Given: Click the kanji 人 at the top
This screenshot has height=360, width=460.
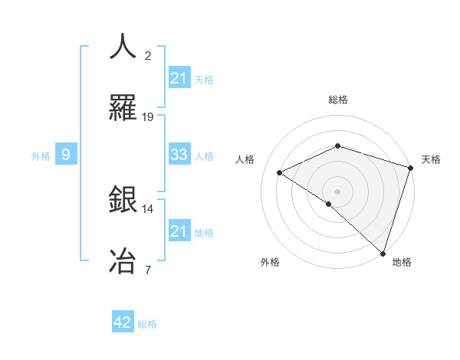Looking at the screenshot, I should coord(123,47).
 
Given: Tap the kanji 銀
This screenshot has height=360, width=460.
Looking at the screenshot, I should coord(123,201).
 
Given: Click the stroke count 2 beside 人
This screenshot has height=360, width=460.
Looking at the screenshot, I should coord(148,56).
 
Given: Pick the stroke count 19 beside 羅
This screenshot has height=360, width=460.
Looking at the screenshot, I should coord(148,117).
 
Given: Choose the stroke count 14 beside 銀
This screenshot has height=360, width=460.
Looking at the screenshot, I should coord(148,208).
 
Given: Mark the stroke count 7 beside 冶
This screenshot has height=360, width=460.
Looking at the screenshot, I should coord(148,269).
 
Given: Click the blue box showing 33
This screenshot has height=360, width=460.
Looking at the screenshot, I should coord(179,155).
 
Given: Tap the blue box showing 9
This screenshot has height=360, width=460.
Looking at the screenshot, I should coord(66,155).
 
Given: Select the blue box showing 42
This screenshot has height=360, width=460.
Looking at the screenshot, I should coord(123,322).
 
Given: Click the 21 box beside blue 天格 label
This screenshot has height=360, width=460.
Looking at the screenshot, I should coord(179,78).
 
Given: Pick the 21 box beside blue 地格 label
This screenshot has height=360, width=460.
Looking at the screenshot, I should coord(179,231).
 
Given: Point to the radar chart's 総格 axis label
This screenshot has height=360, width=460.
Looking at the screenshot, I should coord(337,100).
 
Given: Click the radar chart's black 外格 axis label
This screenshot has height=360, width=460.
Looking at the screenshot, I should coord(270,262).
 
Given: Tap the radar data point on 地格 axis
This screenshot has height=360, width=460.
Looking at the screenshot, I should coord(383,253).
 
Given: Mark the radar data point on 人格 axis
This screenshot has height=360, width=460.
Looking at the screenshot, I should coord(280,172).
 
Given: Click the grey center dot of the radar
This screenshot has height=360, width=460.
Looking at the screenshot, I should coord(337,191).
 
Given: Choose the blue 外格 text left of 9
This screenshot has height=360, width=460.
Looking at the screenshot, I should coord(41,155).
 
